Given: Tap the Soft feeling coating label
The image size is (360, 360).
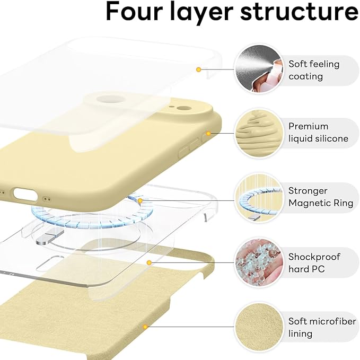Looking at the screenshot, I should click(x=314, y=70).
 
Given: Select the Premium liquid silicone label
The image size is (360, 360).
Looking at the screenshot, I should click(x=318, y=133).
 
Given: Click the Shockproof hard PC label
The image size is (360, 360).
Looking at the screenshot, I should click(x=314, y=262).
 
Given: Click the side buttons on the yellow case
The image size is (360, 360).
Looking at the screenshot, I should click(x=186, y=151).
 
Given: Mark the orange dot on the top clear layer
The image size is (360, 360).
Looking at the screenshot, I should click(x=198, y=69).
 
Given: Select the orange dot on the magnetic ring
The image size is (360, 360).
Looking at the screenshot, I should click(x=140, y=200).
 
